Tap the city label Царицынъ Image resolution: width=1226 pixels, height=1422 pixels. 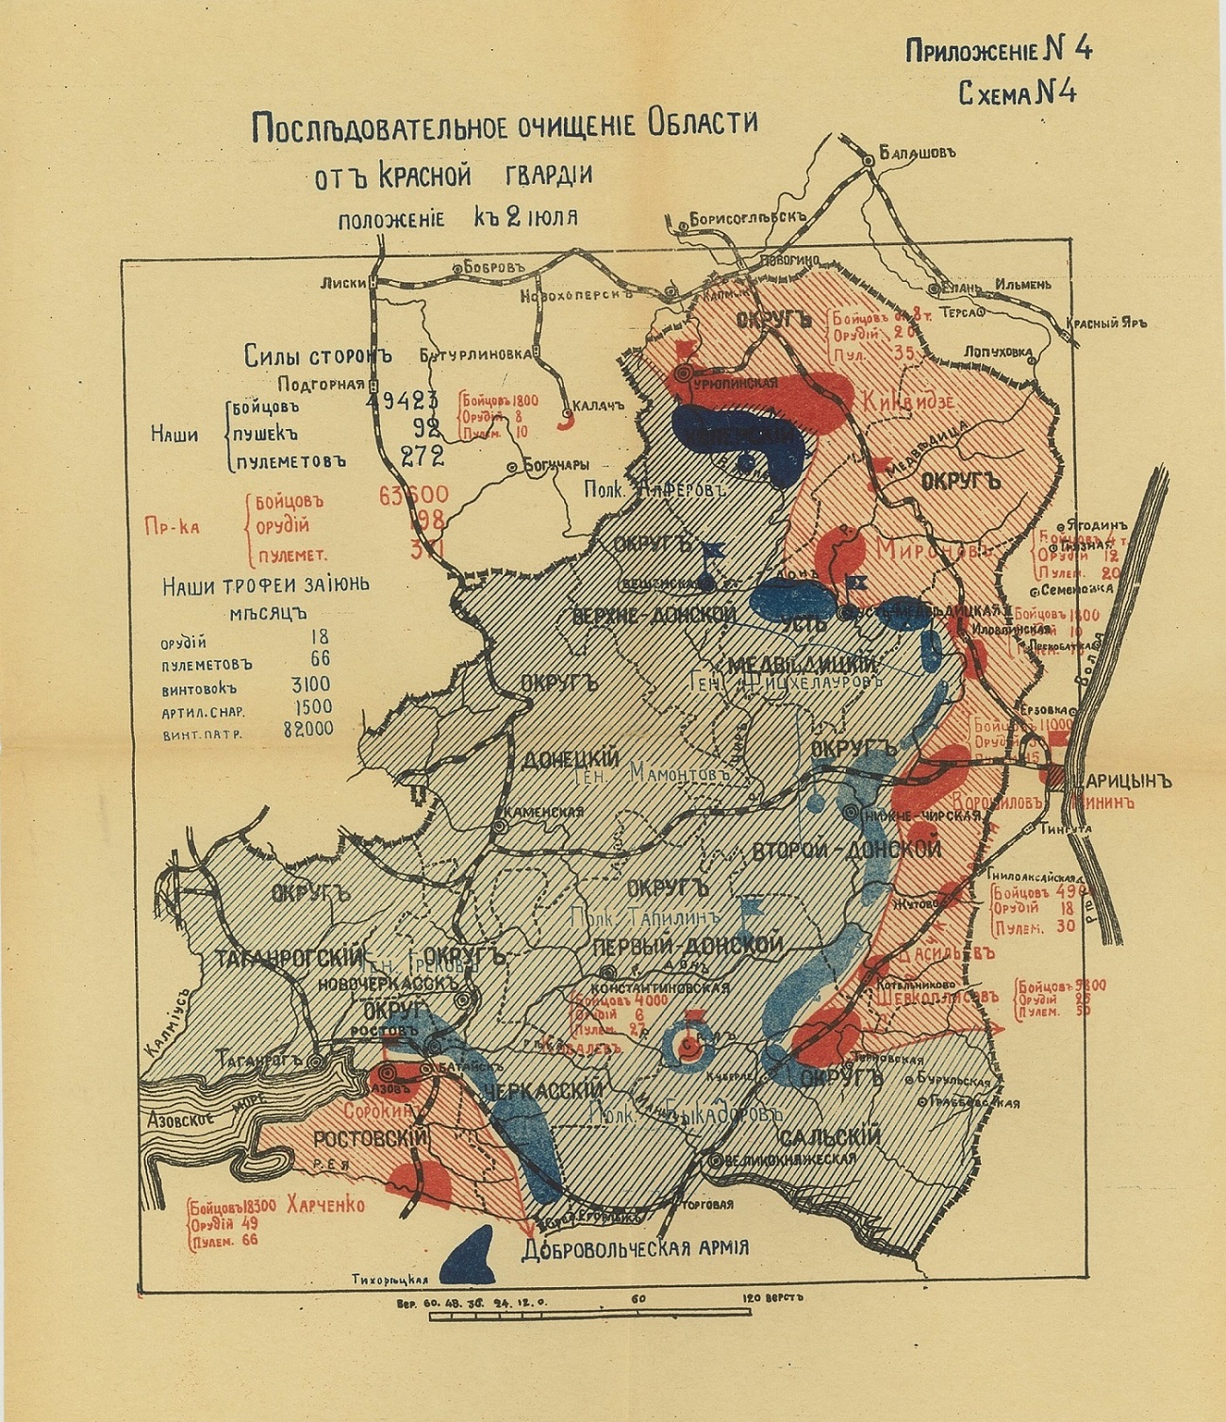[1116, 781]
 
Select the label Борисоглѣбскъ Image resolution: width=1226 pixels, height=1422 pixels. [750, 218]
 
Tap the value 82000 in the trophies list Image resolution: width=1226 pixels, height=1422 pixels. [307, 729]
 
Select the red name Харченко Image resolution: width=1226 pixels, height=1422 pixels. [325, 1205]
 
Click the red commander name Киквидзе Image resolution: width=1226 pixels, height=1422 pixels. [907, 402]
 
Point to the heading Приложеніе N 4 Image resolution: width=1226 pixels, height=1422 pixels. [998, 50]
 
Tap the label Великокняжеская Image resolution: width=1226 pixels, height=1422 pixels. [790, 1160]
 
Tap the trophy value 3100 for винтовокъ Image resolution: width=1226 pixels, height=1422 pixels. [310, 684]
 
